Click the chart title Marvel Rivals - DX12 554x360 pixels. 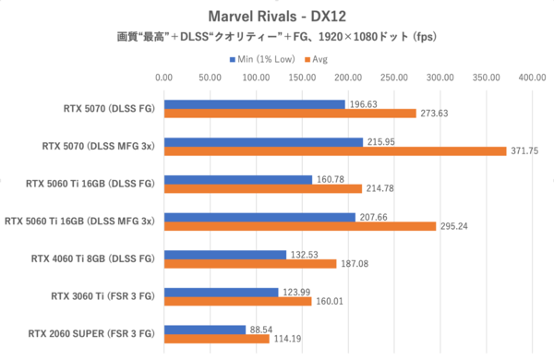pyautogui.click(x=277, y=16)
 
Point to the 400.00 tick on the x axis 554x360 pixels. pyautogui.click(x=532, y=78)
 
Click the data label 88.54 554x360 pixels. pyautogui.click(x=262, y=328)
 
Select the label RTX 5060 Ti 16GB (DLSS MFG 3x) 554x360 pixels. pyautogui.click(x=81, y=221)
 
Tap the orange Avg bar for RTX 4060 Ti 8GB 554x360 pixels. pyautogui.click(x=250, y=264)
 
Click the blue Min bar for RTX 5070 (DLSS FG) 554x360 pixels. pyautogui.click(x=255, y=104)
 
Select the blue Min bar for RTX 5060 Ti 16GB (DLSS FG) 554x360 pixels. pyautogui.click(x=238, y=178)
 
